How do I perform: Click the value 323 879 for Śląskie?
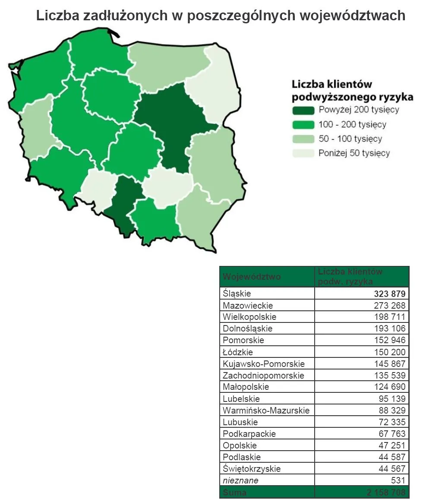pyautogui.click(x=389, y=294)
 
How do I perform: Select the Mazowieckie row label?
pyautogui.click(x=248, y=306)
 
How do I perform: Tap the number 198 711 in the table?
pyautogui.click(x=389, y=317)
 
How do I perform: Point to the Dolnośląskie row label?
pyautogui.click(x=247, y=329)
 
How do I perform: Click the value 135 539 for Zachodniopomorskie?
pyautogui.click(x=389, y=376)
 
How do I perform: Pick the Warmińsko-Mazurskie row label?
pyautogui.click(x=266, y=411)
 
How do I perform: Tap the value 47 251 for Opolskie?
pyautogui.click(x=392, y=445)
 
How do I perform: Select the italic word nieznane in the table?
pyautogui.click(x=240, y=480)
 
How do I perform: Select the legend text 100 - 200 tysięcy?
pyautogui.click(x=352, y=125)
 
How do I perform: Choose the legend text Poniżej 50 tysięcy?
pyautogui.click(x=354, y=153)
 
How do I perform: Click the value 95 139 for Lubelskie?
pyautogui.click(x=392, y=399)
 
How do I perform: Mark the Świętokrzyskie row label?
pyautogui.click(x=252, y=469)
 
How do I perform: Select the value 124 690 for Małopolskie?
pyautogui.click(x=389, y=387)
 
